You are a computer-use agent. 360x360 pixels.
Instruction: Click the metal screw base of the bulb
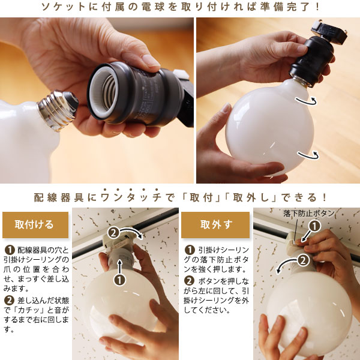[58, 110]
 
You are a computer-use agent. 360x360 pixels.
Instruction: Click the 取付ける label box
[35, 225]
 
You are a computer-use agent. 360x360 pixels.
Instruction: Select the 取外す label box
[215, 225]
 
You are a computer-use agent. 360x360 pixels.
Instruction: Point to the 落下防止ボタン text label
[308, 213]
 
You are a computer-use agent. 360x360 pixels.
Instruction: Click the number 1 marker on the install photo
[119, 280]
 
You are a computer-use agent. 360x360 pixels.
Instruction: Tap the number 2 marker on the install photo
[113, 233]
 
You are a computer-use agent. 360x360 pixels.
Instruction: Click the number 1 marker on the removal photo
[314, 226]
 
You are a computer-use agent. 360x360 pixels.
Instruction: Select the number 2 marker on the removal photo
[304, 260]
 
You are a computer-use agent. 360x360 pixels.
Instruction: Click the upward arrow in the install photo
[119, 266]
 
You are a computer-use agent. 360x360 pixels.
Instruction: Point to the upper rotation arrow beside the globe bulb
[306, 101]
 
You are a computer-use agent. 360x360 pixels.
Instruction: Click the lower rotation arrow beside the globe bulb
[308, 155]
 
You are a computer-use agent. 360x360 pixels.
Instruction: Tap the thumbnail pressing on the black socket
[151, 60]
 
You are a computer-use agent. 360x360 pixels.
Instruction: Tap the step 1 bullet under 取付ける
[10, 250]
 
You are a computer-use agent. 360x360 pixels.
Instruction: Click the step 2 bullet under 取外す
[189, 281]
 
